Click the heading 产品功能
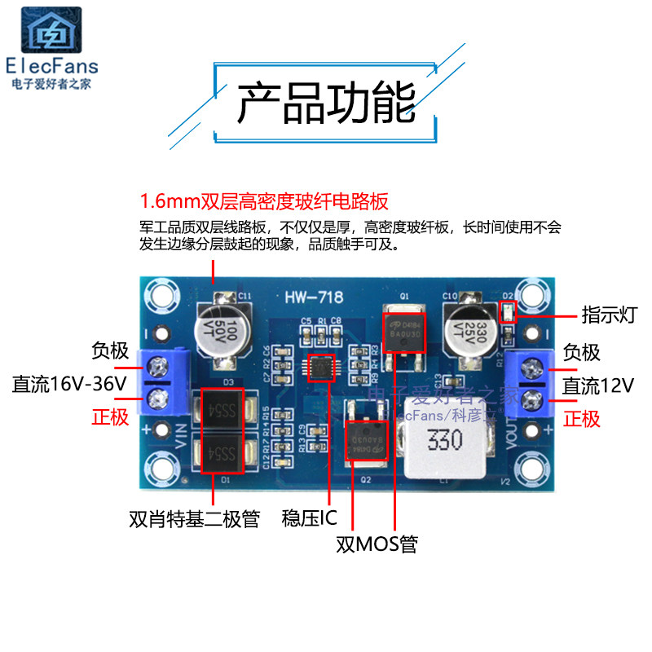[x=326, y=103]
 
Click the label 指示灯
[x=609, y=315]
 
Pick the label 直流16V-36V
[x=70, y=384]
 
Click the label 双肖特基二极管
[x=194, y=518]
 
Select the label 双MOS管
[x=377, y=544]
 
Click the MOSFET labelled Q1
[x=400, y=330]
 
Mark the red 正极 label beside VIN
[x=109, y=418]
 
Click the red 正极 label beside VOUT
[x=582, y=419]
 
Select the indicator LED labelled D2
[x=509, y=311]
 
